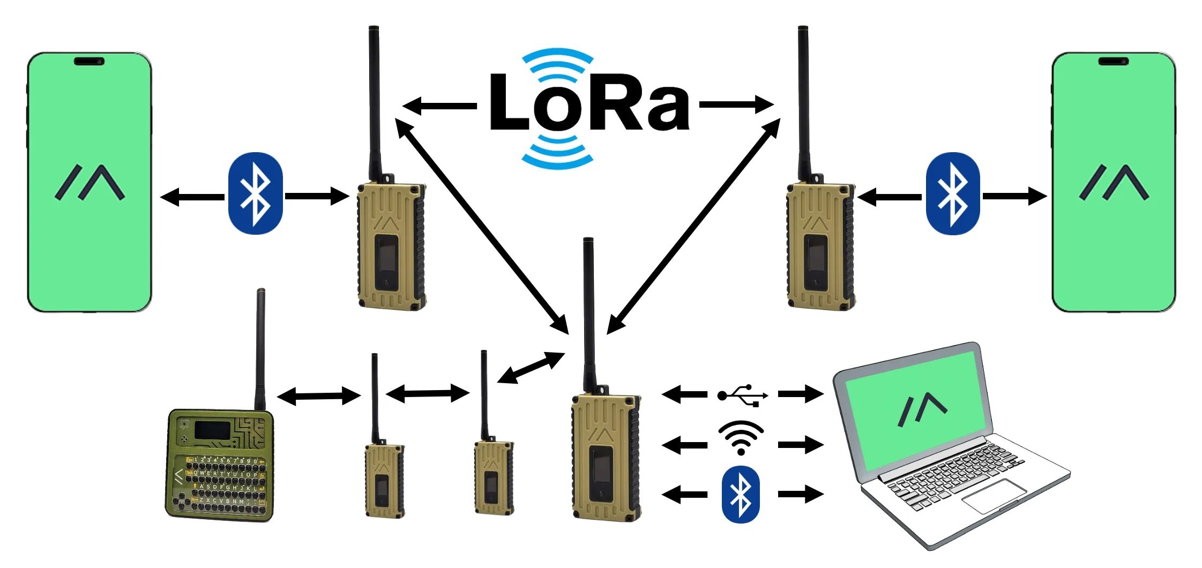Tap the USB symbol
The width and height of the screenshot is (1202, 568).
742,395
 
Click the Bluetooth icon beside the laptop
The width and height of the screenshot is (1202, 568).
741,494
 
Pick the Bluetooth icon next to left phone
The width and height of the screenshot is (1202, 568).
255,193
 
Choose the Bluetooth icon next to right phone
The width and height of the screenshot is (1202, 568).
952,193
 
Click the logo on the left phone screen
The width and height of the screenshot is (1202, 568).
89,183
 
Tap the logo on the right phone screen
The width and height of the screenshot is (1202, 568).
1114,183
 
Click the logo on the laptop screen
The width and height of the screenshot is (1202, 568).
922,409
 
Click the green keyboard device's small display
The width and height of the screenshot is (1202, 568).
212,430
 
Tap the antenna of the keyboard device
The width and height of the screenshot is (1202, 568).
260,348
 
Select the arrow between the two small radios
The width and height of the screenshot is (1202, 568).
427,394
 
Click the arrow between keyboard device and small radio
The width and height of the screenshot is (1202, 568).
318,397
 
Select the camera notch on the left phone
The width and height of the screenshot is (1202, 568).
89,61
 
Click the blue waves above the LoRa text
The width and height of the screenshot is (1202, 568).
557,63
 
